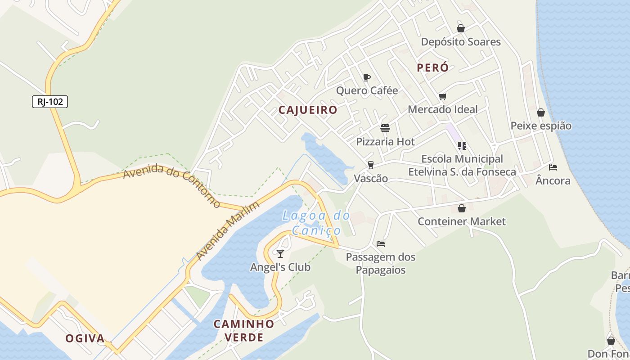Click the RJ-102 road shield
50,102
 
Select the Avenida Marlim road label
228,231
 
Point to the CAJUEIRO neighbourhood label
308,110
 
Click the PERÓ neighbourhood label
432,67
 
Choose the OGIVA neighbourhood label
85,338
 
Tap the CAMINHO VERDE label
243,330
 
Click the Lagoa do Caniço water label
316,223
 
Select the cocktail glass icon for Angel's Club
280,254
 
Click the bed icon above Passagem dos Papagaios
381,244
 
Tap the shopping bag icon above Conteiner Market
461,208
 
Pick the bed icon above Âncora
553,167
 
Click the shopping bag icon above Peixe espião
541,112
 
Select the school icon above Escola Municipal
462,146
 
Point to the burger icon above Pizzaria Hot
385,128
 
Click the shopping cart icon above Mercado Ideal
442,96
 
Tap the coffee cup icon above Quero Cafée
367,77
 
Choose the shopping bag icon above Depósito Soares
461,28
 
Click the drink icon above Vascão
371,165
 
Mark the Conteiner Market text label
462,221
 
